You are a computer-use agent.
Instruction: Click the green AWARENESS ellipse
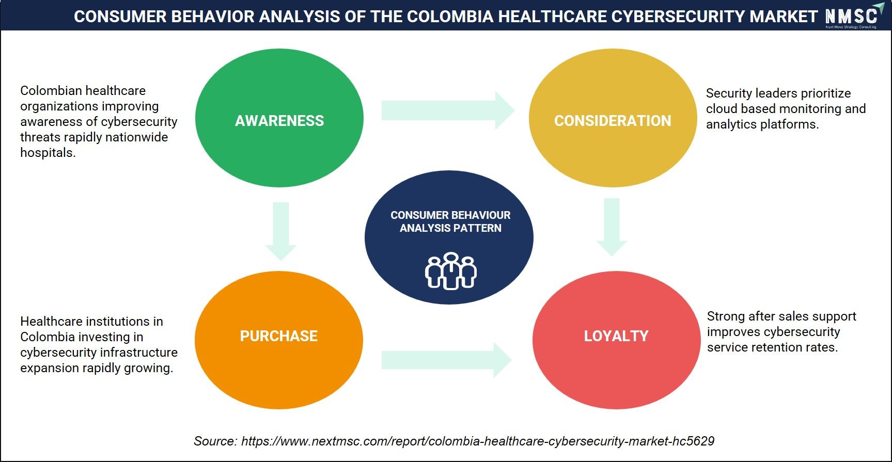[x=279, y=118]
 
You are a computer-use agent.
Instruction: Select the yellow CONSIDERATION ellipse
[x=613, y=118]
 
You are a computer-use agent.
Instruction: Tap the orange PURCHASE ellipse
[x=279, y=340]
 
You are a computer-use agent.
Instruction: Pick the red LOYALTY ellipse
[x=616, y=340]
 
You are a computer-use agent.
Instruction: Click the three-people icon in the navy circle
[x=451, y=271]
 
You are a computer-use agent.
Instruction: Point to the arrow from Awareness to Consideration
[x=448, y=110]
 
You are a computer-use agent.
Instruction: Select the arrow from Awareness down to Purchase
[x=281, y=231]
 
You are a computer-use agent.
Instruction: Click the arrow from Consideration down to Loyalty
[x=612, y=227]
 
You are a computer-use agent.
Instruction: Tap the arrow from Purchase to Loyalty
[x=447, y=360]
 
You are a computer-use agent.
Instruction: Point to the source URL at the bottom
[x=478, y=441]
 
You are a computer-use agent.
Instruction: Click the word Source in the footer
[x=215, y=441]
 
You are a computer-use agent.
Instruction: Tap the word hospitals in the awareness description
[x=48, y=153]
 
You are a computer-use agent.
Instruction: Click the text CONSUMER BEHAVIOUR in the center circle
[x=450, y=215]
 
